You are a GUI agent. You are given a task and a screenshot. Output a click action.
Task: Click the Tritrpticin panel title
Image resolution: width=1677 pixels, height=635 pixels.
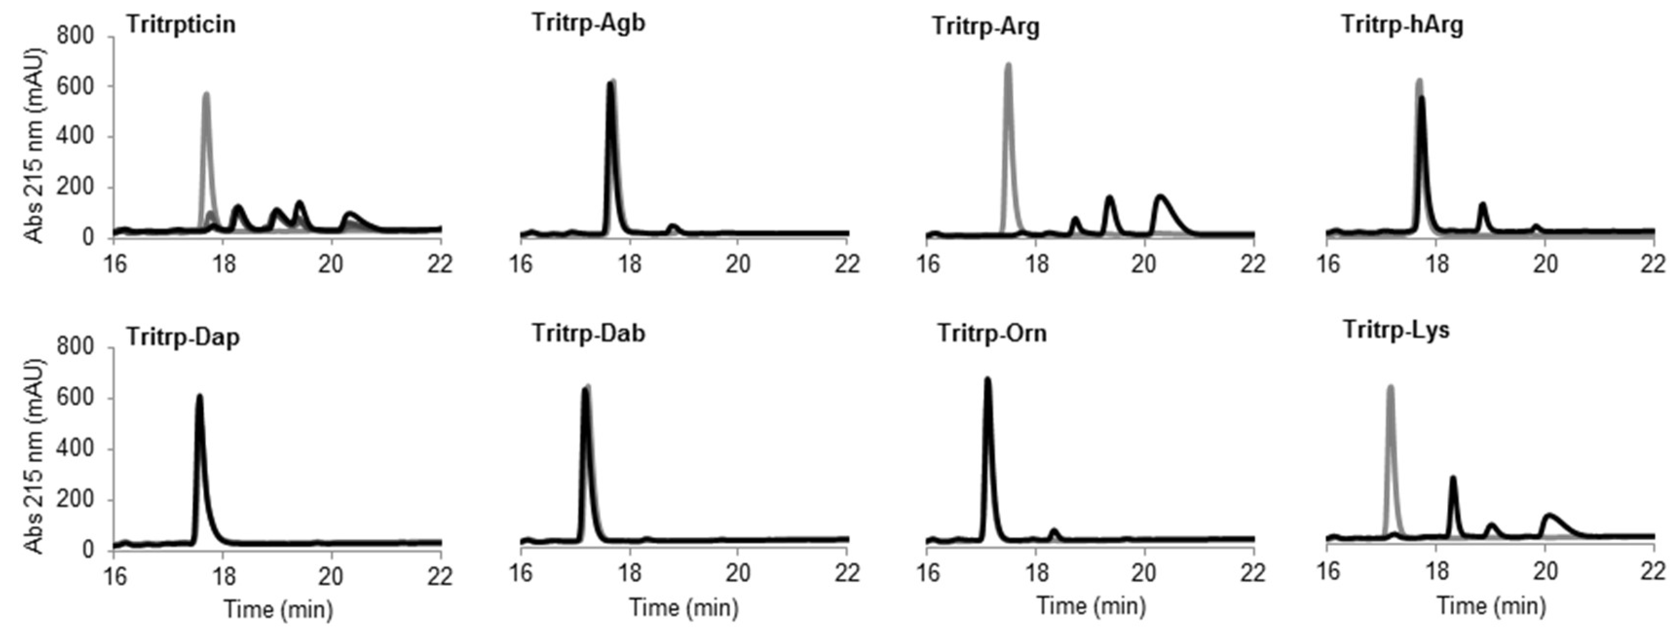point(181,25)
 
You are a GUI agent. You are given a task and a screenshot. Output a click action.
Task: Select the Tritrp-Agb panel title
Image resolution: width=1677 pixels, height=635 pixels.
point(588,23)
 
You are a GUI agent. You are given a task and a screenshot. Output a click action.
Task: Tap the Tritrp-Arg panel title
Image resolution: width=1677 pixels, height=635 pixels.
point(986,27)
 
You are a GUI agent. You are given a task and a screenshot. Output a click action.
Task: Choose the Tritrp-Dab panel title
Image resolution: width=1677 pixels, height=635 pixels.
point(588,333)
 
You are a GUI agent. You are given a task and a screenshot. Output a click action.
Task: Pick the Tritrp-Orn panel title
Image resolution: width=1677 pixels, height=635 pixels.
point(992,333)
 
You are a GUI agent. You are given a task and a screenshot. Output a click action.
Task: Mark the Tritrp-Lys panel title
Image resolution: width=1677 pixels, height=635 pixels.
point(1397,330)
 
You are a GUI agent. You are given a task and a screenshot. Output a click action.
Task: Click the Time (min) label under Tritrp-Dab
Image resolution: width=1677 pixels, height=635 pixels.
point(683,608)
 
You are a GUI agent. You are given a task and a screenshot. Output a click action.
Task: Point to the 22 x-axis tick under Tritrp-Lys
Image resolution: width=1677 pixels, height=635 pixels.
point(1654,571)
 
